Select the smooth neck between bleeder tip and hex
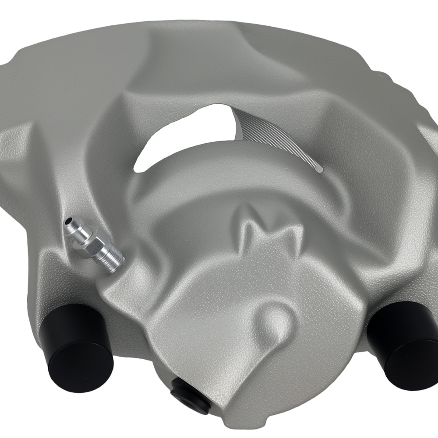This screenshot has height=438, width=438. pyautogui.click(x=77, y=232)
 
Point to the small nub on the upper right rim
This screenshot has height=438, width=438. pyautogui.click(x=381, y=77)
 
